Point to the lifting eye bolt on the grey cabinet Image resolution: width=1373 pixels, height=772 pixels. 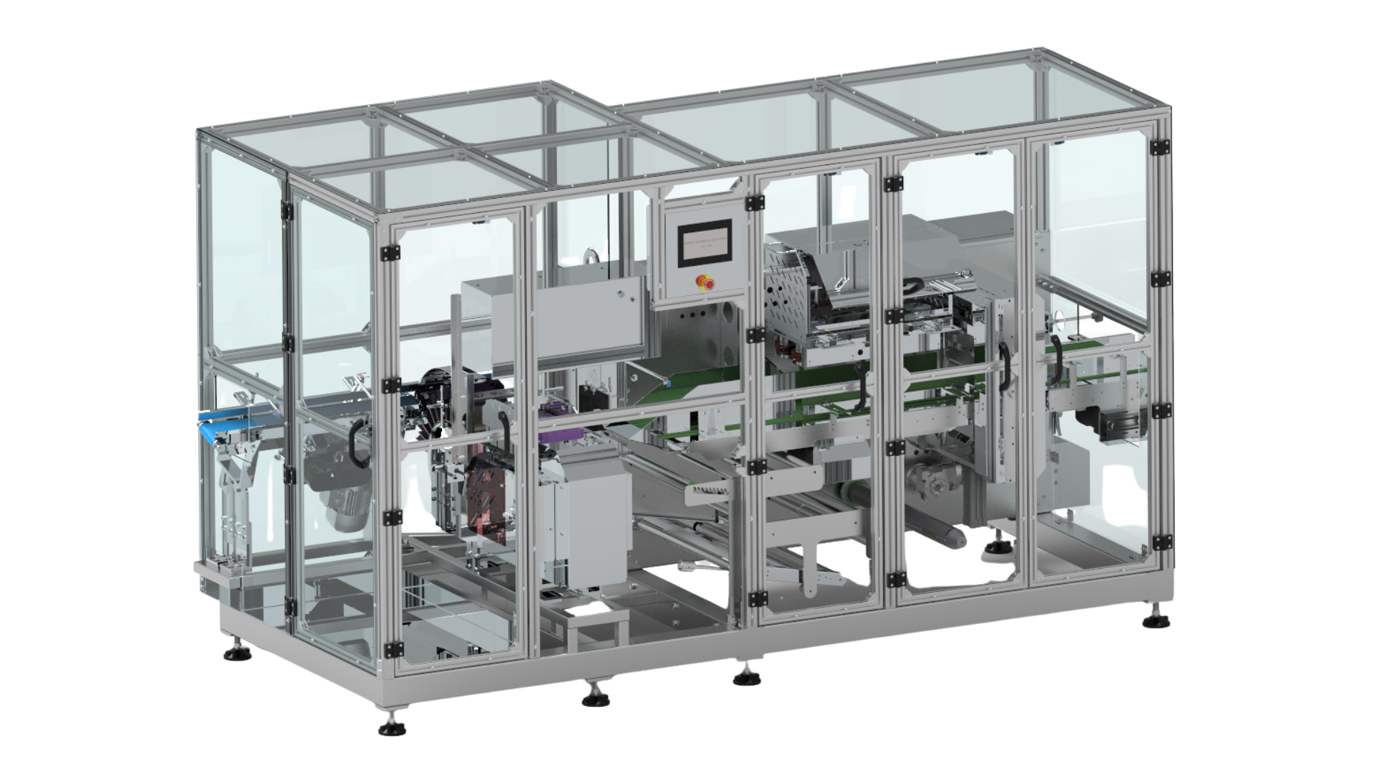click(591, 254)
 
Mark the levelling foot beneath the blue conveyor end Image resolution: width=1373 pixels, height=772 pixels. click(233, 653)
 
